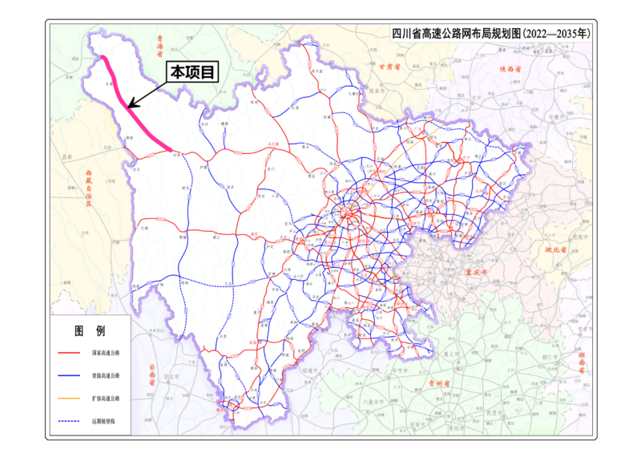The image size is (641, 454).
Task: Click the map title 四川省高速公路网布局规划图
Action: point(490,34)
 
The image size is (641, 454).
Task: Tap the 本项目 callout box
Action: point(192,72)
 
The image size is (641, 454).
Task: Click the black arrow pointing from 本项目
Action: point(148,95)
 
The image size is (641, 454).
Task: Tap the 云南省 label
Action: point(151,375)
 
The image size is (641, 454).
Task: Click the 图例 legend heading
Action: point(89,330)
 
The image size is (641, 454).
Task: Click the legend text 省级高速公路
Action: point(105,375)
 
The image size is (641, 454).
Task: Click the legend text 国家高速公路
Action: point(105,353)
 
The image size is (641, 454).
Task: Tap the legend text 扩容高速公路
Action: point(105,398)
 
